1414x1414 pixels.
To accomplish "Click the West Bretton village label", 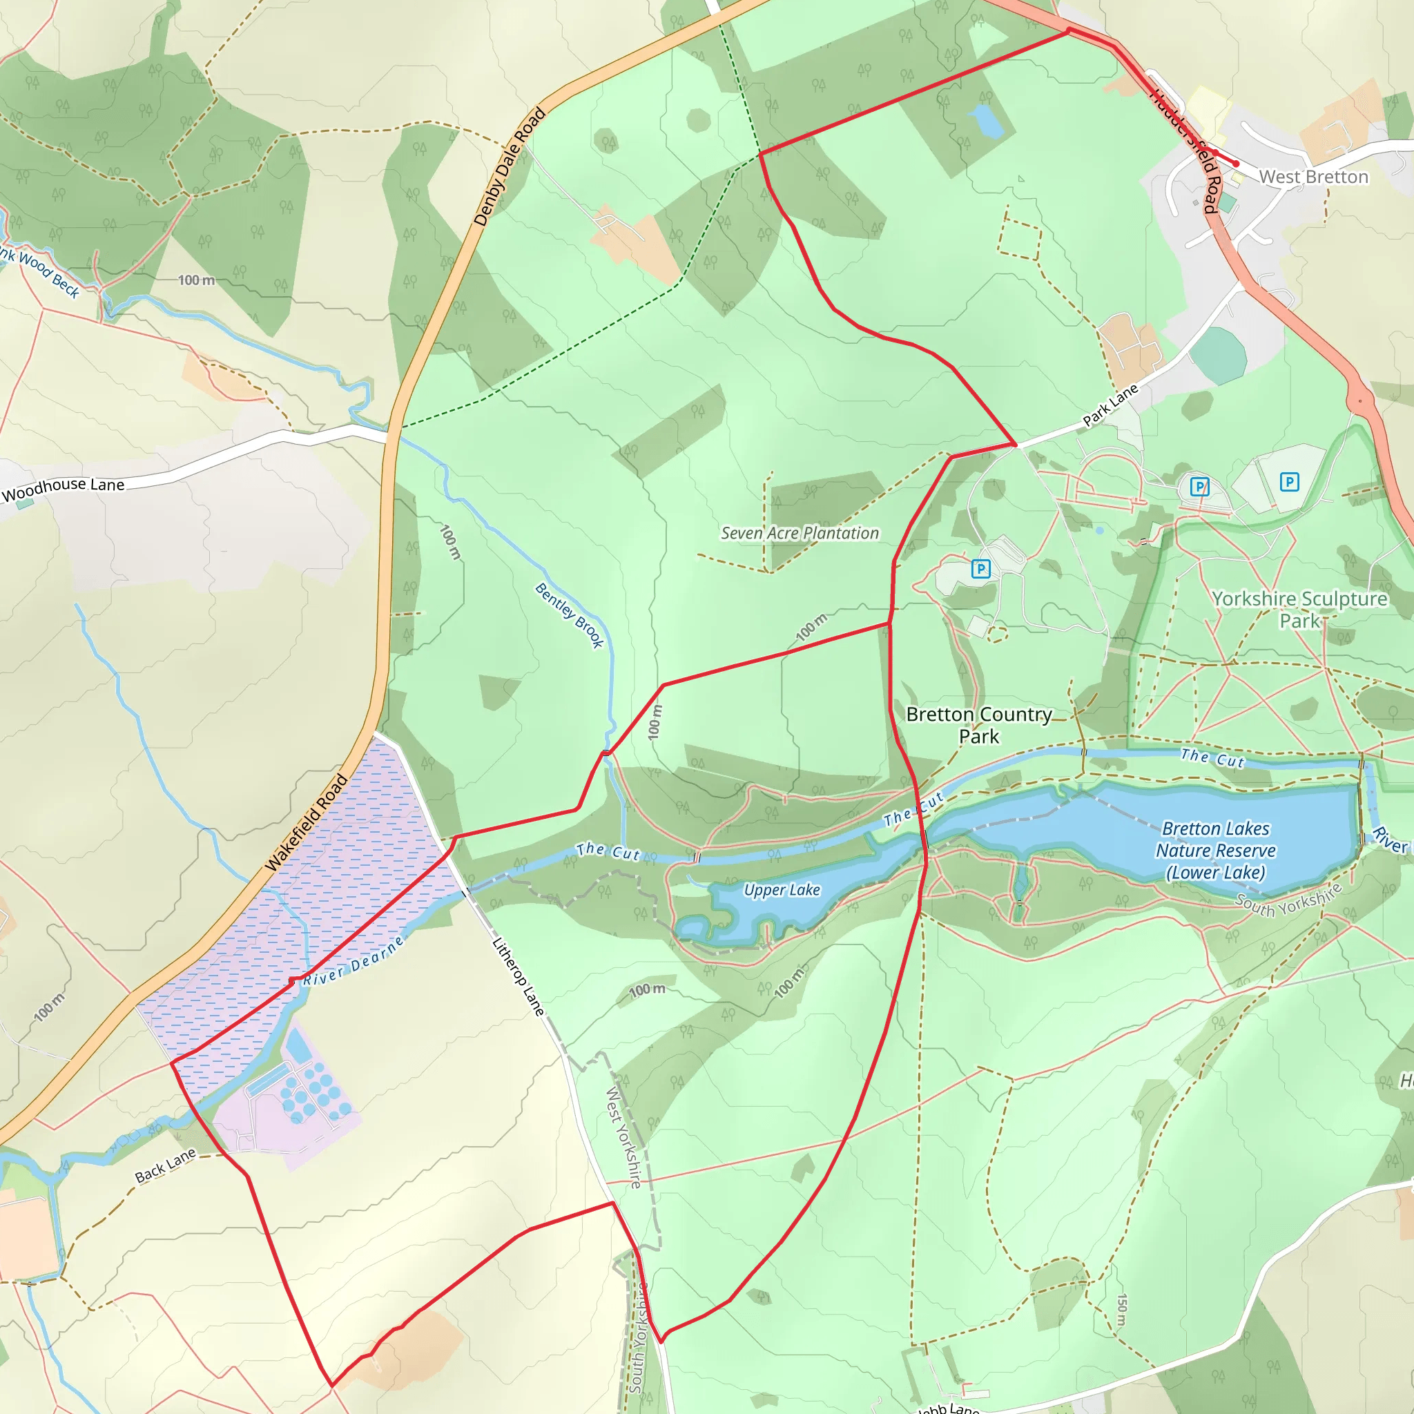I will pos(1313,177).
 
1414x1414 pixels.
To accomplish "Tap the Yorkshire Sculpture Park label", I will pos(1299,610).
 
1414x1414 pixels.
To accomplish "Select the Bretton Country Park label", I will pos(978,724).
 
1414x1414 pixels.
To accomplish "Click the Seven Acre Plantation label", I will pos(800,534).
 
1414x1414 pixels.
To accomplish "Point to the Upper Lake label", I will pos(782,890).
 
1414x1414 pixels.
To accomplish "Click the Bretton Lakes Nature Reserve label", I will pos(1216,851).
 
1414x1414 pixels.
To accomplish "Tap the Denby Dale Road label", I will pos(510,166).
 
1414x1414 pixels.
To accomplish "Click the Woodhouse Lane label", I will pos(63,489).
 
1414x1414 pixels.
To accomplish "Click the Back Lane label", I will pos(166,1165).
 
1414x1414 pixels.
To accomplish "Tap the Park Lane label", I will pos(1110,404).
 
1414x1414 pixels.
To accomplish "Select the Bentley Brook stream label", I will pos(570,614).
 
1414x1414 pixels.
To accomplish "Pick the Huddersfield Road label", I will pos(1184,150).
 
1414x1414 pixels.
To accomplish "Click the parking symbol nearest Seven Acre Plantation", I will pos(980,569).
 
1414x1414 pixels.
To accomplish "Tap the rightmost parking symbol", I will pos(1289,482).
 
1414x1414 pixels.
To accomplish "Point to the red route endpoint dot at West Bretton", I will pos(1236,164).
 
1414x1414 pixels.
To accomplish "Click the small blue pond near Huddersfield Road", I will pos(986,121).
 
